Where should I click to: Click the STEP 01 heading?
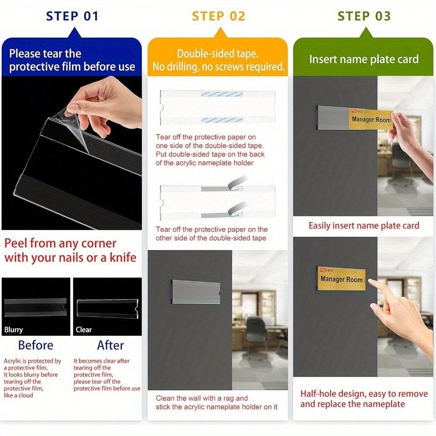tap(72, 16)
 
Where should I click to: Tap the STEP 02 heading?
tap(218, 16)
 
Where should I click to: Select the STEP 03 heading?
tap(364, 16)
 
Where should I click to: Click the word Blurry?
tap(14, 330)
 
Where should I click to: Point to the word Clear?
tap(84, 330)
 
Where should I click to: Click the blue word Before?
tap(36, 345)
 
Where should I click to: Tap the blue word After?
tap(110, 345)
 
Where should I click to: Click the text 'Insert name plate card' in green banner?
tap(364, 59)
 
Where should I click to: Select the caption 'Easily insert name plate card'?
tap(364, 225)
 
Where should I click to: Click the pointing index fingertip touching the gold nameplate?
tap(370, 283)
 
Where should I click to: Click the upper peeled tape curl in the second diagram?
tap(237, 182)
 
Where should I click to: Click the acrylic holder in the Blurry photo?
tap(36, 307)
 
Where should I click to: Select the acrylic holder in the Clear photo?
tap(108, 309)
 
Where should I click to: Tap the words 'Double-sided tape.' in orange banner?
tap(218, 54)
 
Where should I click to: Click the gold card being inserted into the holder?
tap(371, 119)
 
